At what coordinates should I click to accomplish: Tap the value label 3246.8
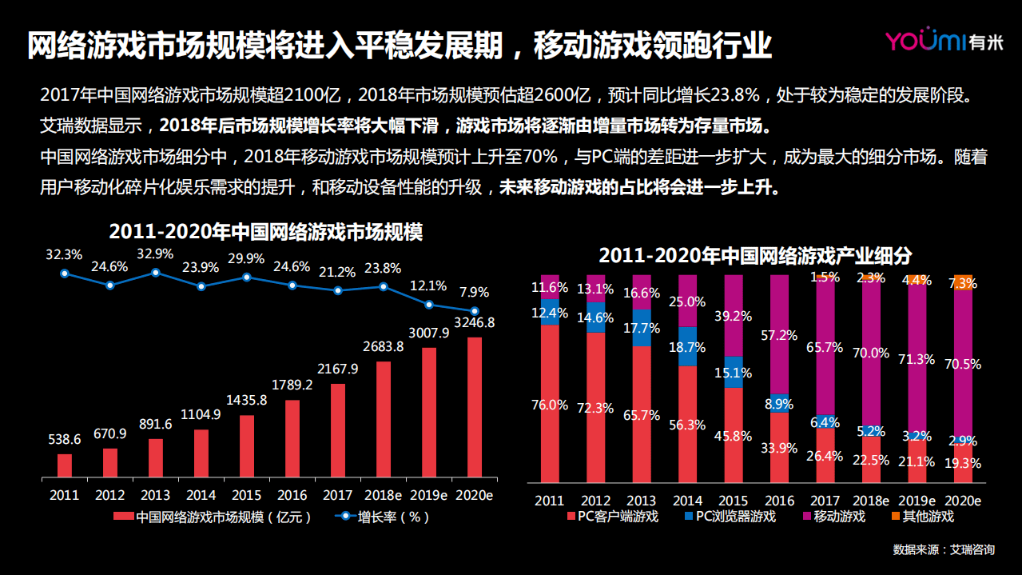[x=475, y=322]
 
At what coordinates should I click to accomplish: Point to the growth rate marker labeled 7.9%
[x=475, y=311]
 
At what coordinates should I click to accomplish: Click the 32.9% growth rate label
[x=155, y=254]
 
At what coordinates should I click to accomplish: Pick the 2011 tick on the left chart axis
[x=64, y=495]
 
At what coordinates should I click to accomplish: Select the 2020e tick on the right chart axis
[x=964, y=501]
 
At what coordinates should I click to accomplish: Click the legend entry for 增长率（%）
[x=384, y=517]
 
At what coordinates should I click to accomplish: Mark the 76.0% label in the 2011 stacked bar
[x=549, y=405]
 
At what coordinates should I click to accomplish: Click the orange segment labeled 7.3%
[x=964, y=283]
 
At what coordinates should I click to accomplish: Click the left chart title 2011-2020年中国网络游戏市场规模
[x=265, y=233]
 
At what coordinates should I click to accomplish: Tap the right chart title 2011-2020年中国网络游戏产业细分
[x=755, y=256]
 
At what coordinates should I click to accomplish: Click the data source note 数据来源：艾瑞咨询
[x=943, y=550]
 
